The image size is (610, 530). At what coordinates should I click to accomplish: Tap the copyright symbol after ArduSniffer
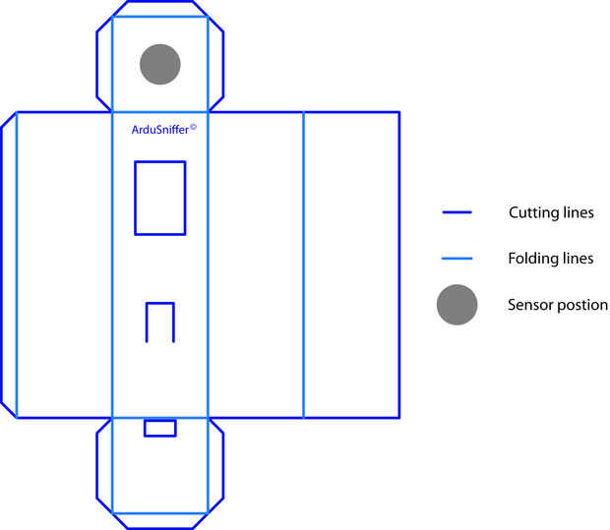tap(194, 126)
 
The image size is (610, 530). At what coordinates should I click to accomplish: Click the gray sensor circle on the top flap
tap(160, 64)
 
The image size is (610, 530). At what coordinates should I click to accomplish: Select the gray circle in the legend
tap(457, 305)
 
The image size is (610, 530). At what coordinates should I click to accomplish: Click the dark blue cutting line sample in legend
tap(457, 212)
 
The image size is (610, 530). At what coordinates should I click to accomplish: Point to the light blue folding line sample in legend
tap(457, 259)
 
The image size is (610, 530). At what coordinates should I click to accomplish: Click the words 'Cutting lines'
tap(551, 212)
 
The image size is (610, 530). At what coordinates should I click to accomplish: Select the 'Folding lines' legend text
tap(551, 259)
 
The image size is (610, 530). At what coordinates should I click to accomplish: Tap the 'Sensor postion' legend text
tap(558, 305)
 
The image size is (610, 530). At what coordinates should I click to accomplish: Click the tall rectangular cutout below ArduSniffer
tap(159, 198)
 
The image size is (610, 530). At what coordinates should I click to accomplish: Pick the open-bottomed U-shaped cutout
tap(160, 322)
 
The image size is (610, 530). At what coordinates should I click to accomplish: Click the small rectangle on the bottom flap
tap(160, 428)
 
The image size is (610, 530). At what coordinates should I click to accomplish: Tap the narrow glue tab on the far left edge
tap(9, 264)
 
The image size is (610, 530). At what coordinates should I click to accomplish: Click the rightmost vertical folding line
tap(303, 264)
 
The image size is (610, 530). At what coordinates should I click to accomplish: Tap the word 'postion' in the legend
tap(583, 306)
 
